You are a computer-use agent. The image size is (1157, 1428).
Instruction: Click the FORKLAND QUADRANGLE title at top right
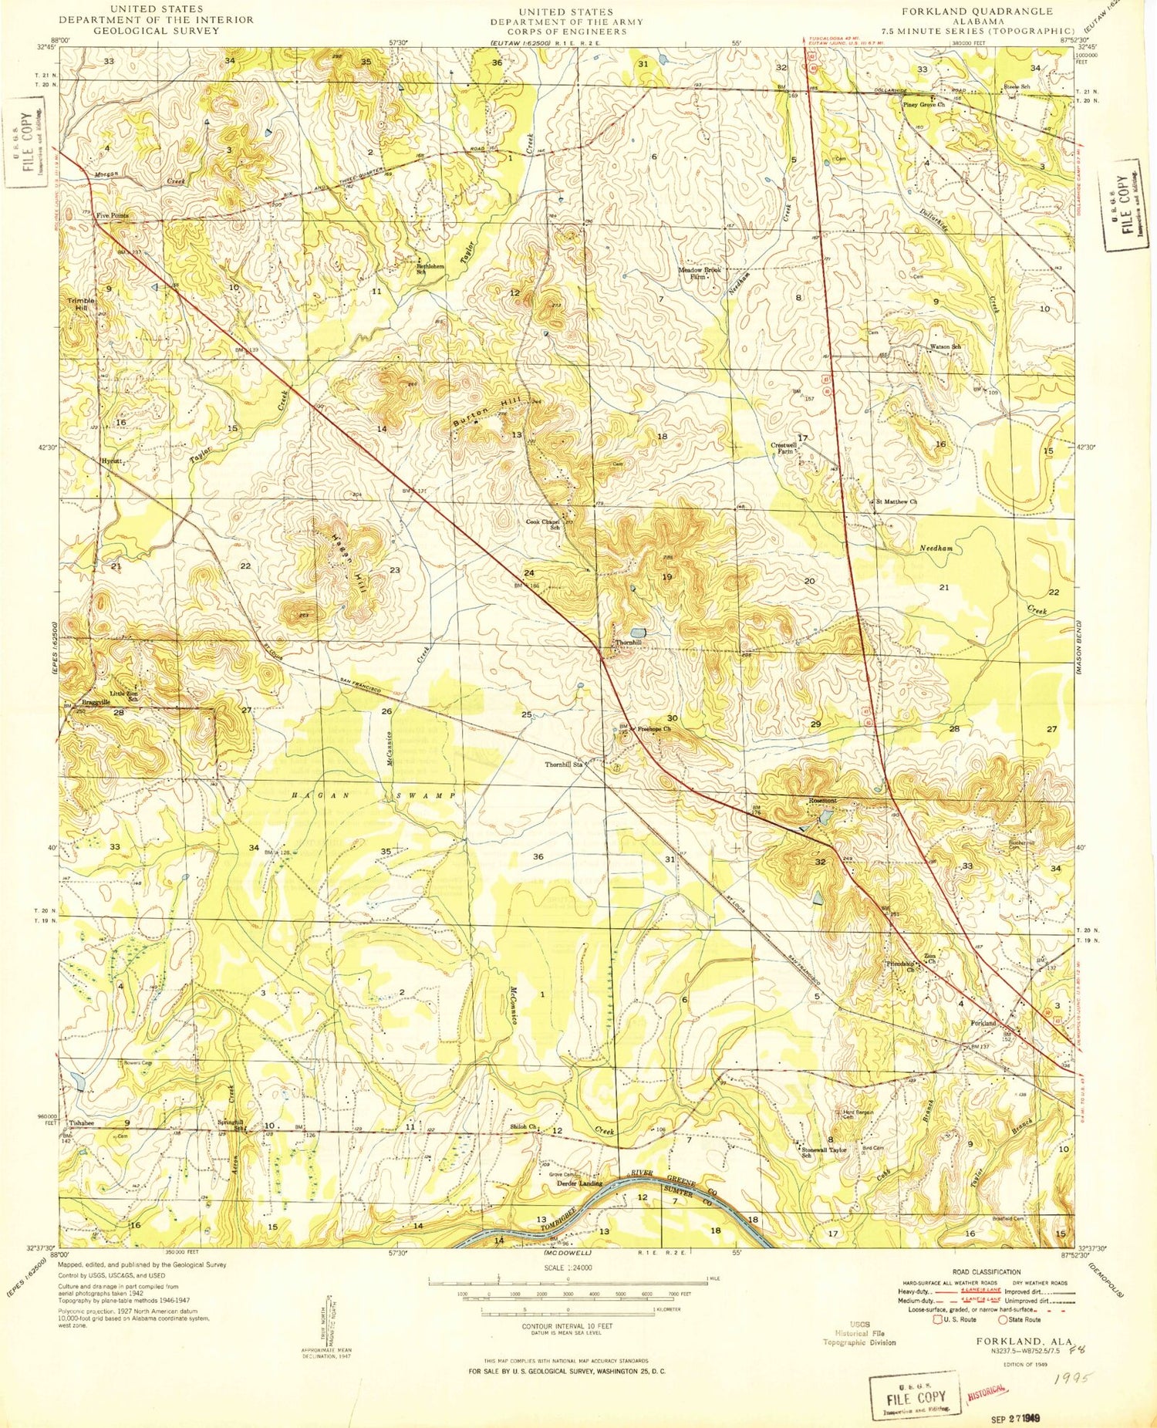coord(977,11)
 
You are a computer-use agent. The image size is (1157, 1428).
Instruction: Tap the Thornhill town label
coord(628,643)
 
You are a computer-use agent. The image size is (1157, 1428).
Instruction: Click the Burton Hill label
coord(487,413)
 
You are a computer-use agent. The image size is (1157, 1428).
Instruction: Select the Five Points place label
coord(112,216)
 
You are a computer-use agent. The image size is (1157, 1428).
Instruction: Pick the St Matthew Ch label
coord(896,501)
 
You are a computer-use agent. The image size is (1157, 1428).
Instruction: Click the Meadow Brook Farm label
coord(700,272)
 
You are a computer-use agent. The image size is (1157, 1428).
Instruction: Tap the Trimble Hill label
coord(81,303)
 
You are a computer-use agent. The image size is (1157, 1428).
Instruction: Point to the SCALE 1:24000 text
coord(568,1268)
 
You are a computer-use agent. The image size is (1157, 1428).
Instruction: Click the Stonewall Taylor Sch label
coord(824,1152)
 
